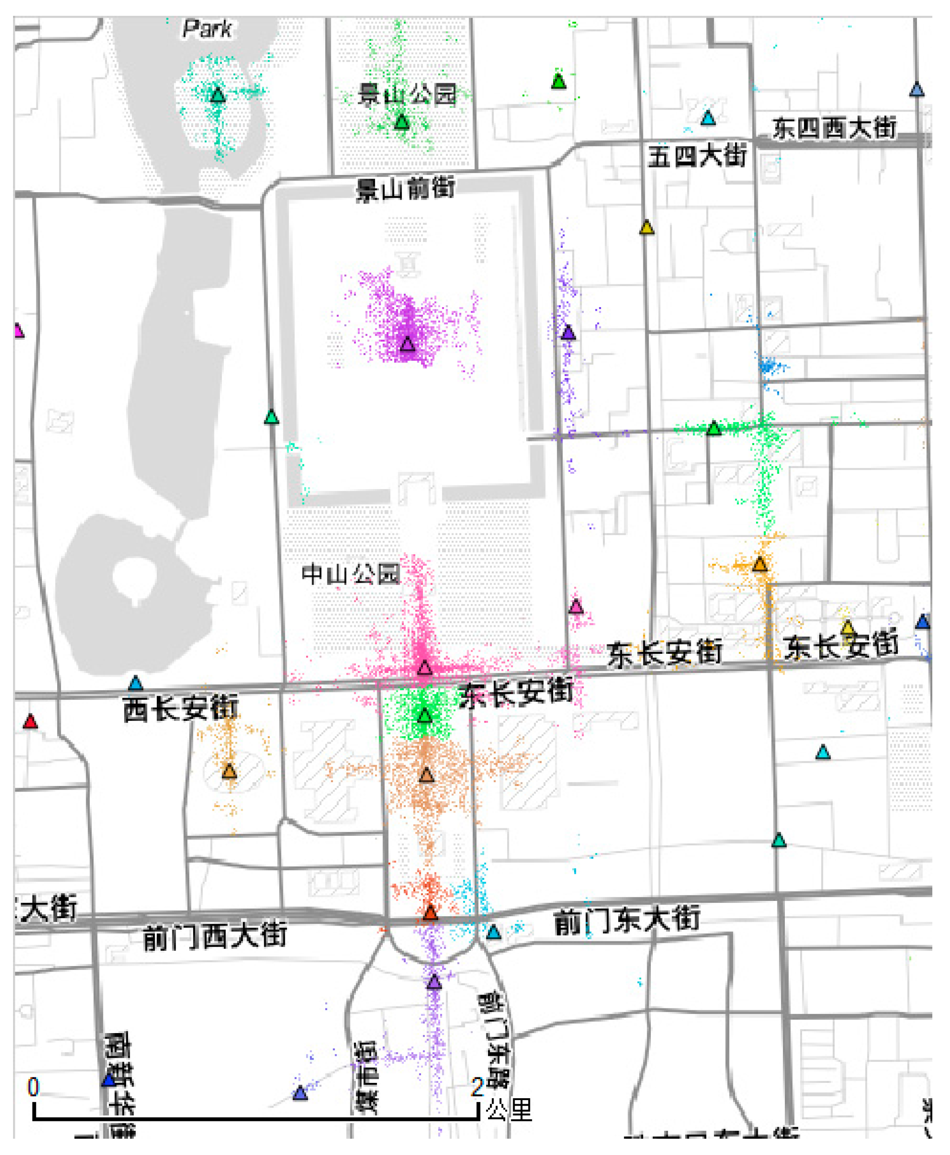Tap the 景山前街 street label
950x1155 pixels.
405,189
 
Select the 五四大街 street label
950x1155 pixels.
697,156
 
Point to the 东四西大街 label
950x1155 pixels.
834,128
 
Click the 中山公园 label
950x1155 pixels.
351,574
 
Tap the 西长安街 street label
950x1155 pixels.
180,709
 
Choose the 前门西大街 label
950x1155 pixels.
214,936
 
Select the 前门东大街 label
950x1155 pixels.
627,921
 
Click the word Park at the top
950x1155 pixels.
207,29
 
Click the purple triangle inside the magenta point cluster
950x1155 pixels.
407,344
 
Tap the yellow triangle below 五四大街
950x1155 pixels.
647,228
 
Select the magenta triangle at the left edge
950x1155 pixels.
19,330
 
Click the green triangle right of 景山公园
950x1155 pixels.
558,81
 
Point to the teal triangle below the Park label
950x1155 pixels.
218,95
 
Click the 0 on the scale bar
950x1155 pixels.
33,1087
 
